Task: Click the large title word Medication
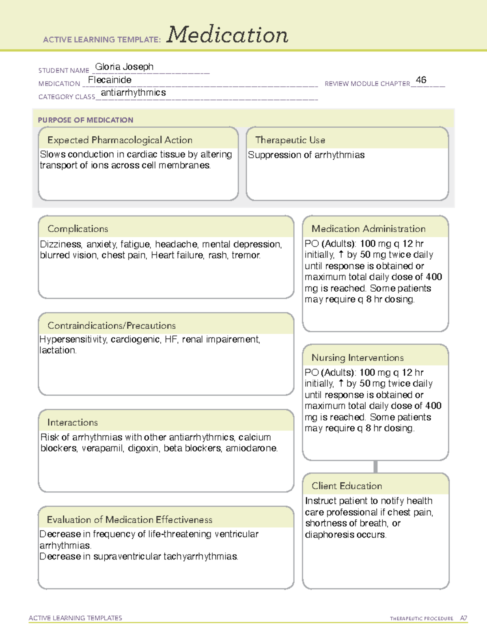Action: coord(227,35)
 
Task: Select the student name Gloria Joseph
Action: coord(124,67)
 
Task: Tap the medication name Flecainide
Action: coord(110,80)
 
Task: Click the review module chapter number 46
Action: coord(421,80)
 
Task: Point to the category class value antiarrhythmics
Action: coord(133,93)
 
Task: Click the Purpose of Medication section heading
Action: coord(85,120)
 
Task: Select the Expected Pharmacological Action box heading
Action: coord(120,140)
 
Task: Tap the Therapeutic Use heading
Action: coord(290,140)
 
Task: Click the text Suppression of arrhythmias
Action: coord(306,155)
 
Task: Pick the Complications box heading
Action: coord(78,229)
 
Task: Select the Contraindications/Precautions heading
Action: coord(111,325)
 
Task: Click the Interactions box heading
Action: coord(72,422)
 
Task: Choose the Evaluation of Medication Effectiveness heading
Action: coord(129,520)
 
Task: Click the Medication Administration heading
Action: coord(368,229)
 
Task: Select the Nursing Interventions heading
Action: coord(357,357)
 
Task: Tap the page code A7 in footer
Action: coord(463,618)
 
